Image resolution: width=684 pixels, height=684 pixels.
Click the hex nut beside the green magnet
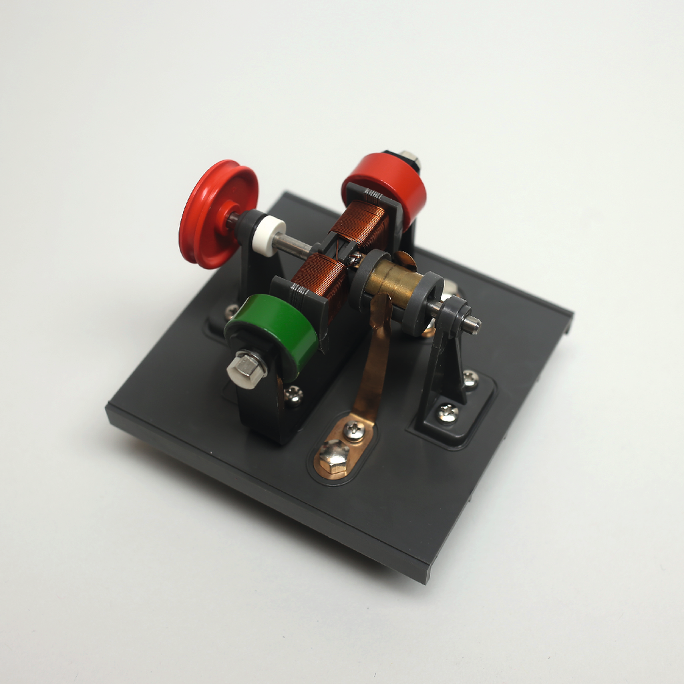click(246, 368)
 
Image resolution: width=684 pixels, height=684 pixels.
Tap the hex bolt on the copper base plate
click(331, 456)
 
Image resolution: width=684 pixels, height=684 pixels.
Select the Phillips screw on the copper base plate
click(354, 432)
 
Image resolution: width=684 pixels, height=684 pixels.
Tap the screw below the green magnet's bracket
click(293, 395)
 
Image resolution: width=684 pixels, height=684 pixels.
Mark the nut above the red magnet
click(409, 159)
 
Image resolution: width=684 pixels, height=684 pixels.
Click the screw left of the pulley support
click(230, 311)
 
